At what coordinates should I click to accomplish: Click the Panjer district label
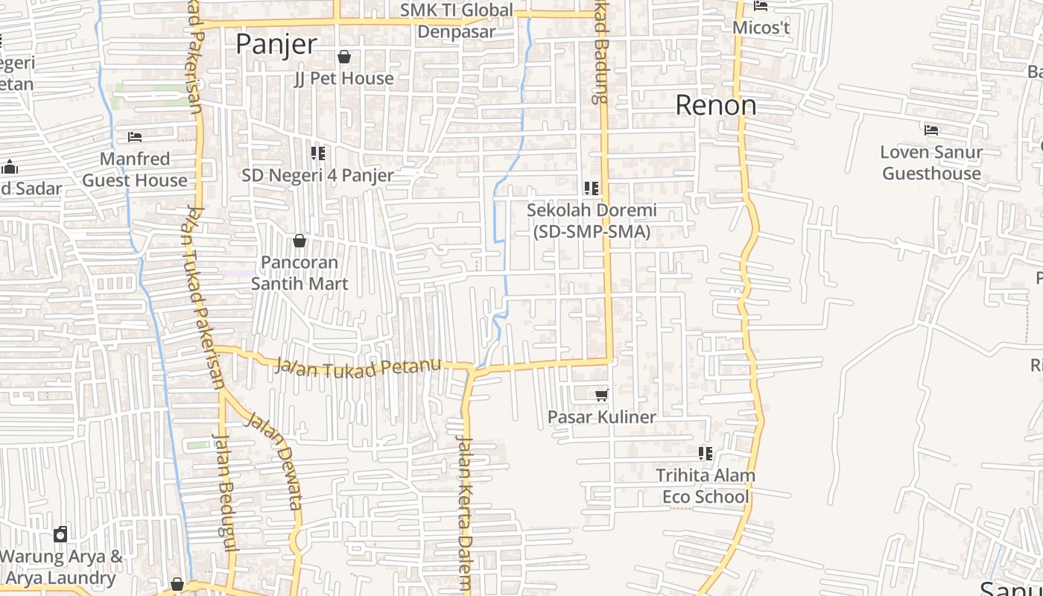pos(276,45)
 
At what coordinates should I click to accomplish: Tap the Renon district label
pos(715,106)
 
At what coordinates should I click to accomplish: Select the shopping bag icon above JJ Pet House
pos(344,57)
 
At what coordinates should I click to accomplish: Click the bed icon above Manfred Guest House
pos(135,137)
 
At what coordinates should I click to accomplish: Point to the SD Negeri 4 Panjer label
pos(317,176)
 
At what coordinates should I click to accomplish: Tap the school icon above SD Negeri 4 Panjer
pos(318,153)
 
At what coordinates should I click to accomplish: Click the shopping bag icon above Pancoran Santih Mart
pos(299,241)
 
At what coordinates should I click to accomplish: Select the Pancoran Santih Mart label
pos(299,273)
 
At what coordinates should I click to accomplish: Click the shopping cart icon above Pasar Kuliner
pos(602,395)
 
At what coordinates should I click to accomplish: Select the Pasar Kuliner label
pos(602,417)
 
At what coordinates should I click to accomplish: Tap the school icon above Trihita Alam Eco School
pos(706,453)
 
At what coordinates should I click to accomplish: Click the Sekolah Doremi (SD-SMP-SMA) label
pos(592,221)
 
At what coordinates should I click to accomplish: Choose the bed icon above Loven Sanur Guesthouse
pos(931,130)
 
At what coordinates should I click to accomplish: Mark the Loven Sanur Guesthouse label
pos(931,162)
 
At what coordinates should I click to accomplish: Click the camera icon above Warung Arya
pos(60,534)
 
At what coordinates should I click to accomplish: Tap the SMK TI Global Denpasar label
pos(456,21)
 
